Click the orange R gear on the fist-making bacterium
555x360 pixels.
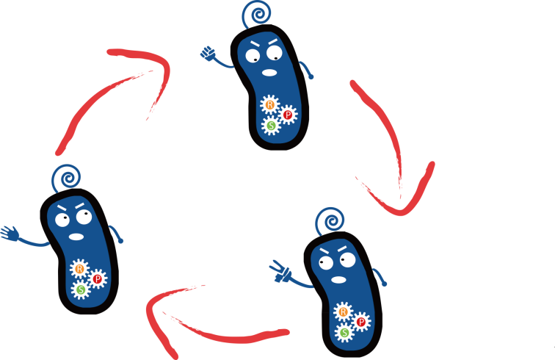[x=269, y=106]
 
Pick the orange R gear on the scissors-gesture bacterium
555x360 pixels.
[x=342, y=312]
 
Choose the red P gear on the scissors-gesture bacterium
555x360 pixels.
[x=360, y=322]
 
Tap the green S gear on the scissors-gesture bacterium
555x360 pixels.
[x=344, y=333]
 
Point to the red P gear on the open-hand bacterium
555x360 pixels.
[x=97, y=279]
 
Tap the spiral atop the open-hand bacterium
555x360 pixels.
[x=66, y=179]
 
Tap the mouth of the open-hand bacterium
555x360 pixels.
[x=76, y=237]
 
